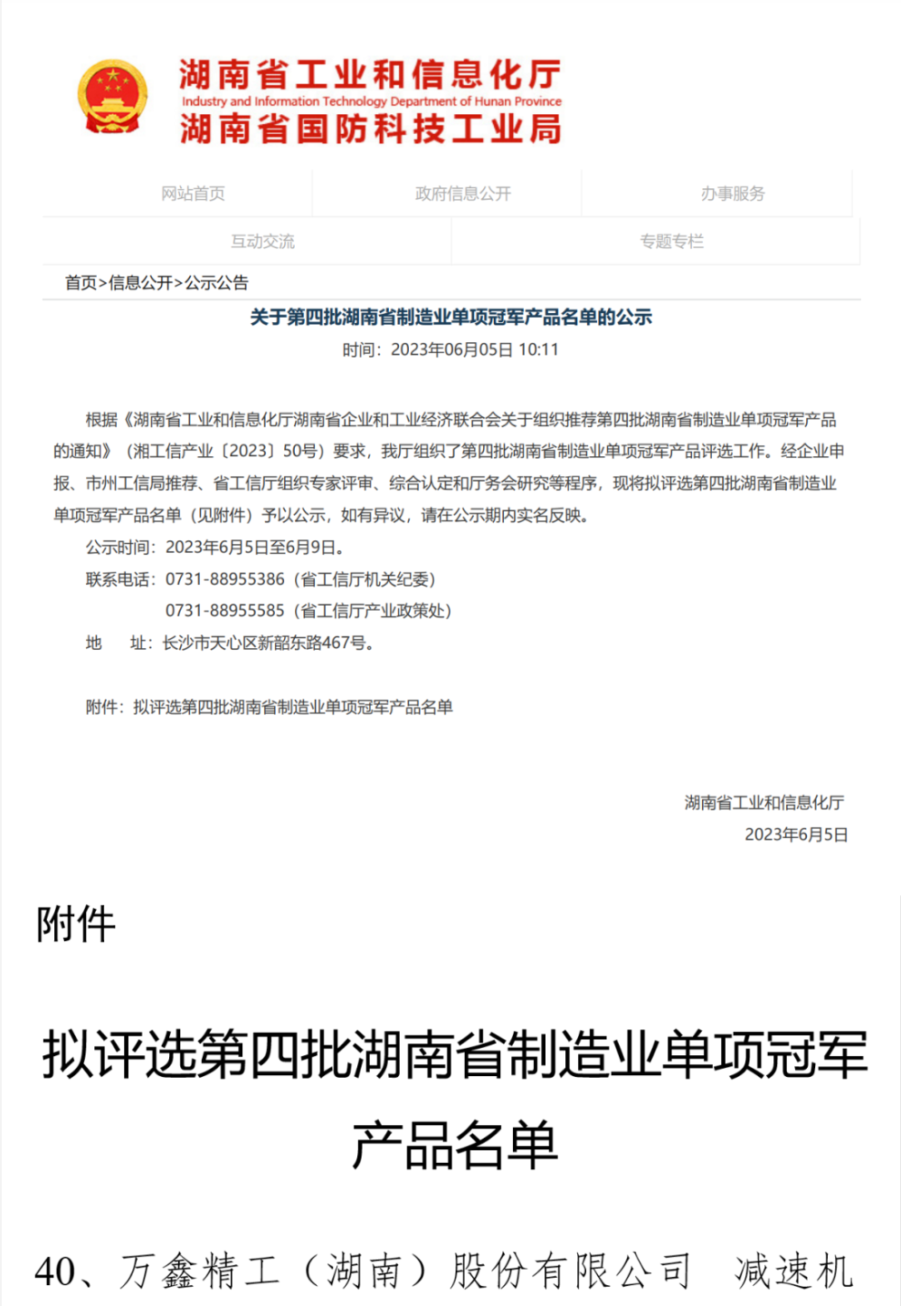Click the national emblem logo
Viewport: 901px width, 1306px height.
(112, 98)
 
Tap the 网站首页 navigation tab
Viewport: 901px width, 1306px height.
(193, 194)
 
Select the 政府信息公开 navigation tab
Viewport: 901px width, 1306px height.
(463, 194)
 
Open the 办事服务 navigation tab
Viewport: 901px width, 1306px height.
(733, 194)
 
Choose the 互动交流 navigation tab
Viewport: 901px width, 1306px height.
(262, 242)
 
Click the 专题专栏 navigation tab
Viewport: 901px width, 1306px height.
(671, 242)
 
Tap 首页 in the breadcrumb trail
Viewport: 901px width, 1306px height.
(81, 283)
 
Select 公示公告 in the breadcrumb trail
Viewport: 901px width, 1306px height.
(216, 283)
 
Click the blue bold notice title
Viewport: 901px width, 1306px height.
(450, 318)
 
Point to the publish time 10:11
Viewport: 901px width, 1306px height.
(538, 350)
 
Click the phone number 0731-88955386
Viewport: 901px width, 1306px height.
(225, 579)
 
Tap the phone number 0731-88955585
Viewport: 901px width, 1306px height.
(225, 611)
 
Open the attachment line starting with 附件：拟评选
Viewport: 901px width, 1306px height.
(270, 708)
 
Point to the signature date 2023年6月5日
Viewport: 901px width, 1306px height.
(796, 834)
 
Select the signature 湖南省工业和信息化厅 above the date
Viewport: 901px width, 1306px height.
(764, 803)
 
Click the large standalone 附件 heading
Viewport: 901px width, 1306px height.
(76, 925)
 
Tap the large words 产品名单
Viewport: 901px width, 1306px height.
(454, 1145)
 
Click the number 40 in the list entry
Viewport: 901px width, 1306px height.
(55, 1272)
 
